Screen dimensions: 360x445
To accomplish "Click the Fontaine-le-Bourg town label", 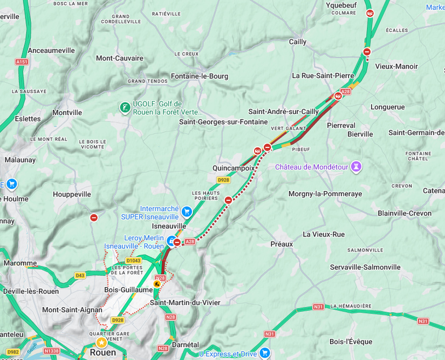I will coord(199,76).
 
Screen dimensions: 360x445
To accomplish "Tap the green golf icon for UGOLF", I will coord(125,107).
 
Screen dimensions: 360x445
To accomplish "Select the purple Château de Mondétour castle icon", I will coord(356,167).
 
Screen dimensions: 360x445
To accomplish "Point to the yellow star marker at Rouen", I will coord(101,343).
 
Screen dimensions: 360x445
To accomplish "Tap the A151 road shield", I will coord(22,62).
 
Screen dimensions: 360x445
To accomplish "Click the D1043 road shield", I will coord(133,261).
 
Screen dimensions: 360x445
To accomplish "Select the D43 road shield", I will coord(80,275).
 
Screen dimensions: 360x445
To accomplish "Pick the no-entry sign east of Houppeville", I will coord(94,218).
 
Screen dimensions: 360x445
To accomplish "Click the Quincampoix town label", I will coord(233,168).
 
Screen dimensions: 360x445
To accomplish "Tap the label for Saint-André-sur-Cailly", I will coord(283,111).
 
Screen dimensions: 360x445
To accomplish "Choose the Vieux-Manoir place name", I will coord(396,66).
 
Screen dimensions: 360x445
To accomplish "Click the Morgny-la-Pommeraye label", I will coord(325,193).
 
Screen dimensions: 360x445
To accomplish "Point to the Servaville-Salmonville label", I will coord(365,267).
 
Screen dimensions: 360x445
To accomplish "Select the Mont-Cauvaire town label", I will coord(119,58).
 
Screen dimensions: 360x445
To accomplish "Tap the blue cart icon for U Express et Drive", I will coord(264,352).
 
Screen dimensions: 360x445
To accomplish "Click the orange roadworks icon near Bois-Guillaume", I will coord(157,283).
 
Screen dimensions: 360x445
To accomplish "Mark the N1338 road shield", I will coord(51,351).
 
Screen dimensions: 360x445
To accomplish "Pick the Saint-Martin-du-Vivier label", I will coord(185,302).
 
